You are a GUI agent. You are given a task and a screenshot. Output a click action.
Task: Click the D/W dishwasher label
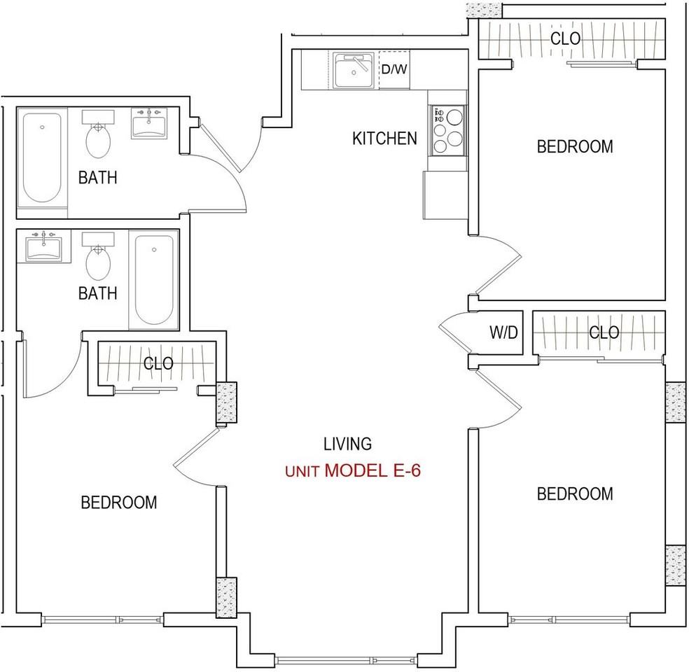(394, 69)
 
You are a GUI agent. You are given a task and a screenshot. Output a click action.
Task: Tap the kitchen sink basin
(354, 70)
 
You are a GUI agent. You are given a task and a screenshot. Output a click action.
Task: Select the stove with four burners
(447, 130)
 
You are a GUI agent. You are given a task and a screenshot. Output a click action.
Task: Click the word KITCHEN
(384, 139)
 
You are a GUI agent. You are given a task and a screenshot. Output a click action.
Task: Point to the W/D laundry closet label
(503, 332)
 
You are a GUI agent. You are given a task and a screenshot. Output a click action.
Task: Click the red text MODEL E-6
(373, 470)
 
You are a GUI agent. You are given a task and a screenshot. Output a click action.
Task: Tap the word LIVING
(347, 444)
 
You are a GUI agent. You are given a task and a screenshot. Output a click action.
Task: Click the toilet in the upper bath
(98, 134)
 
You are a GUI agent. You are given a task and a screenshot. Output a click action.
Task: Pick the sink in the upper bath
(149, 123)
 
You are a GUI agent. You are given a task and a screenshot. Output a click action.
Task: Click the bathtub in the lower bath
(154, 280)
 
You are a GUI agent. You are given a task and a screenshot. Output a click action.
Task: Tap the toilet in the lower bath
(98, 256)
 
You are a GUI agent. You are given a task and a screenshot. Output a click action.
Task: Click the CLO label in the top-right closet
(565, 38)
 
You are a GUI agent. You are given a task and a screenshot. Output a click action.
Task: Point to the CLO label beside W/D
(604, 332)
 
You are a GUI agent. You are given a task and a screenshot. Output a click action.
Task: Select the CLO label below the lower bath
(158, 363)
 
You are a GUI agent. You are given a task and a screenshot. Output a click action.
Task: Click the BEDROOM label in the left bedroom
(118, 503)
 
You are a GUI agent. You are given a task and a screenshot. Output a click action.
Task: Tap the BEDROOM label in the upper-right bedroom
(575, 146)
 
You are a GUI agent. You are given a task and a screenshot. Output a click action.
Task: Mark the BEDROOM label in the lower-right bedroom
(575, 493)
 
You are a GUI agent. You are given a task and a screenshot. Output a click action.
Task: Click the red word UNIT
(302, 472)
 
